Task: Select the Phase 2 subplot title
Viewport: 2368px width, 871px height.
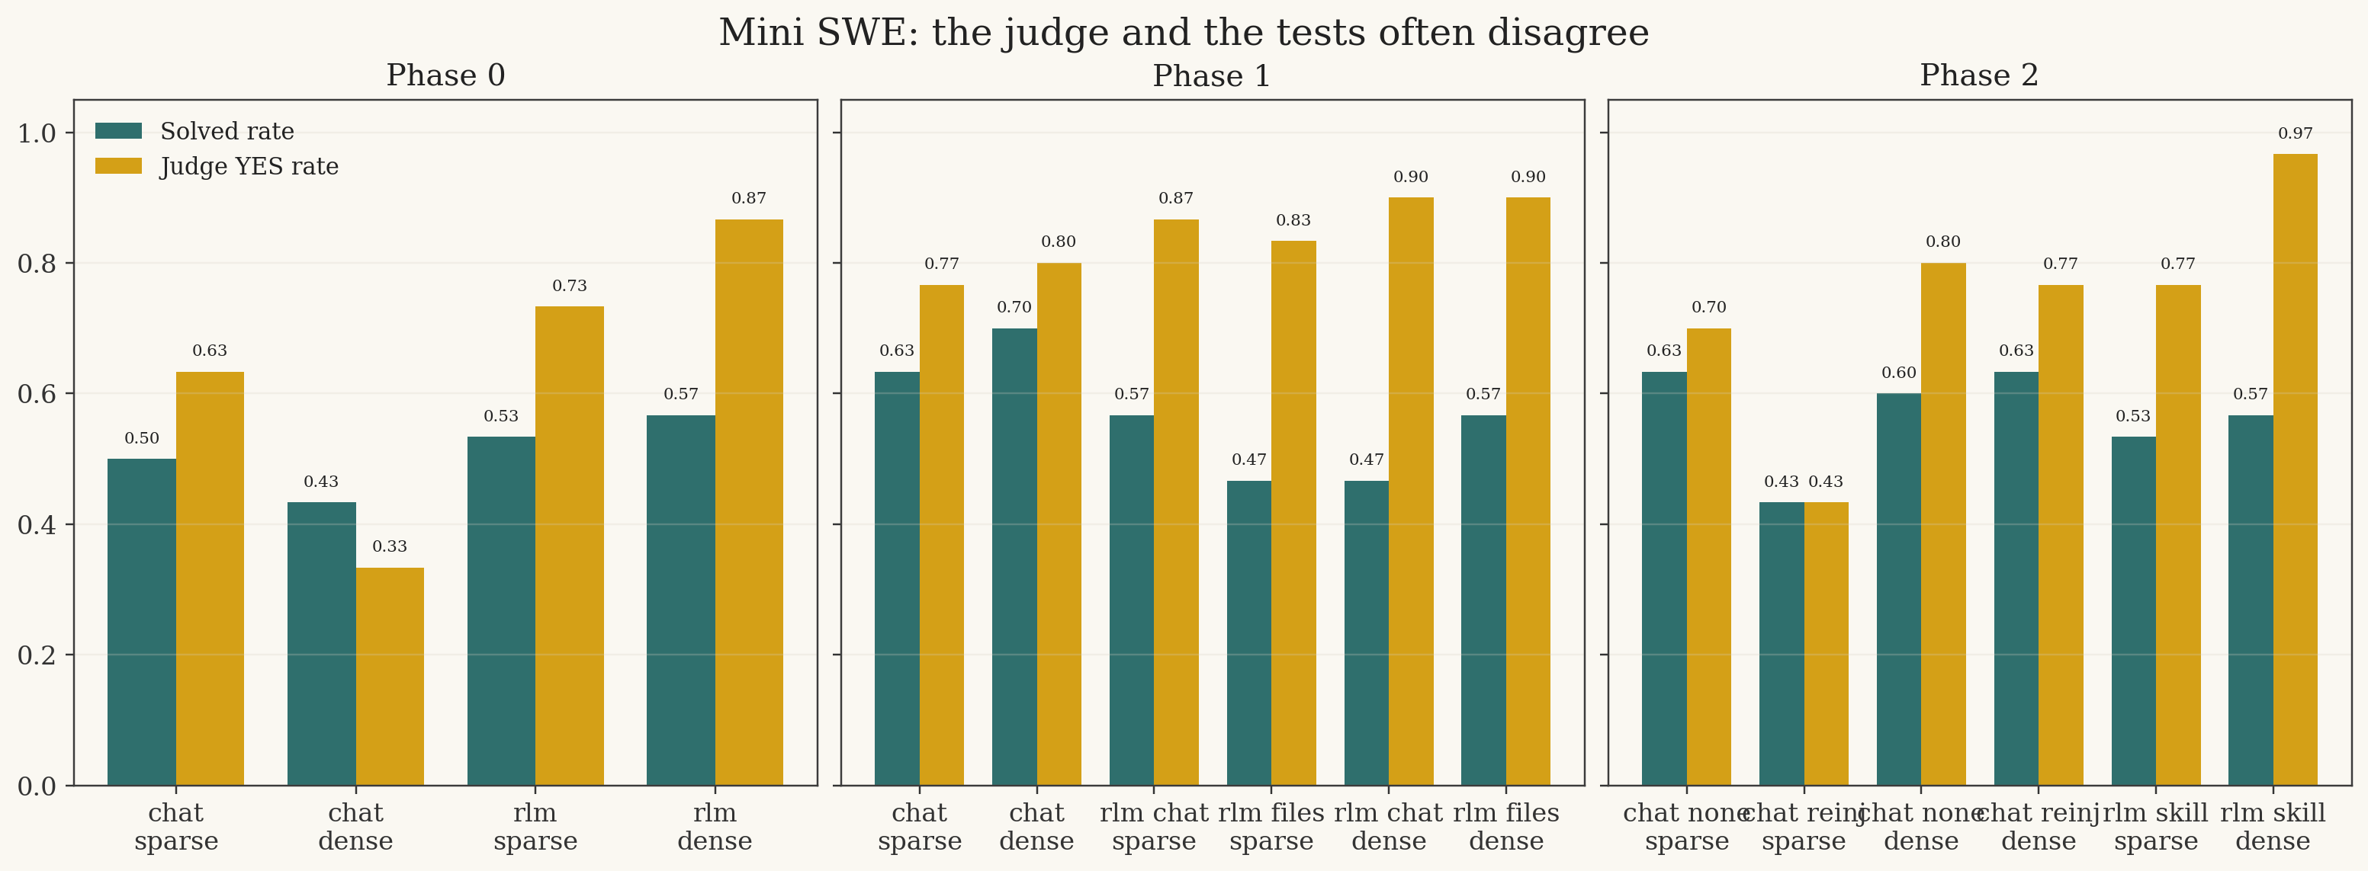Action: [x=1978, y=75]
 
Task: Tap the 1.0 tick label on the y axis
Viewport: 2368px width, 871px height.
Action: [x=37, y=133]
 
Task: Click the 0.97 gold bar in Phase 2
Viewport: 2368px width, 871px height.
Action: [x=2295, y=469]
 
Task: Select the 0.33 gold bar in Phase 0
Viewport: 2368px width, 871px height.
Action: [x=390, y=676]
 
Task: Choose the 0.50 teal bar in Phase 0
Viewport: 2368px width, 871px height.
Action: [x=142, y=622]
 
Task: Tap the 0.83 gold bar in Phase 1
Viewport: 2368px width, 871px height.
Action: [x=1293, y=513]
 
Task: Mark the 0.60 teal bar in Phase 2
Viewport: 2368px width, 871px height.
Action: [x=1898, y=589]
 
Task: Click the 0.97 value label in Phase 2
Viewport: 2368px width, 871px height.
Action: [x=2295, y=133]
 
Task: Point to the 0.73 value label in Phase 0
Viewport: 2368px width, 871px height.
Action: [x=569, y=286]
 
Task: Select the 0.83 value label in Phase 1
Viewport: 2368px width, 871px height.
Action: [x=1293, y=220]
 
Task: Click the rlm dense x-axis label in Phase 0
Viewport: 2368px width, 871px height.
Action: [x=715, y=827]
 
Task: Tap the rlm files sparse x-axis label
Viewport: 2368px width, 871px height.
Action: [x=1271, y=827]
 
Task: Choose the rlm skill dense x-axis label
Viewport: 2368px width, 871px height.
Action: [x=2273, y=827]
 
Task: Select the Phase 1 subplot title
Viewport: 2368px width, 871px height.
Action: [x=1212, y=75]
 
